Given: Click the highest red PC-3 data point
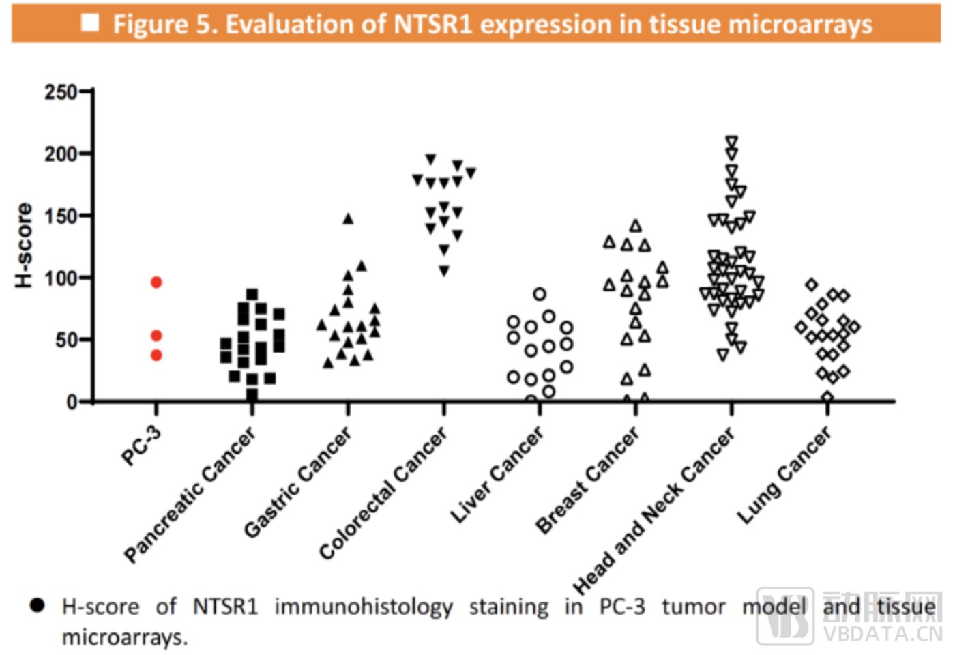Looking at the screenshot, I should (156, 282).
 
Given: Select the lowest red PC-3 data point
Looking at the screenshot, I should (156, 355).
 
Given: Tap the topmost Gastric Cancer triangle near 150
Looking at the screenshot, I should (348, 219).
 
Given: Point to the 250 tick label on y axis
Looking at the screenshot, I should (61, 91).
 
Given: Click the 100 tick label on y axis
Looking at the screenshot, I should (61, 278).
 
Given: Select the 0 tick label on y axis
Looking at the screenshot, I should (72, 402).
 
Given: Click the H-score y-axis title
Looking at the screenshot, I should (24, 245).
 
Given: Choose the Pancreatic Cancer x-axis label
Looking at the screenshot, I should (190, 495).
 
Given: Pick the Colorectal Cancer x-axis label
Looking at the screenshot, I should (383, 493).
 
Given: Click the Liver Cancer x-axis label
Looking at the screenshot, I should (497, 475).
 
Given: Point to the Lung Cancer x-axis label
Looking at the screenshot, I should (784, 476).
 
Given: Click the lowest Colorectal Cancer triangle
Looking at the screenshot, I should (444, 272).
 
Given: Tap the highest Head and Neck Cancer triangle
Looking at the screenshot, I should (732, 142).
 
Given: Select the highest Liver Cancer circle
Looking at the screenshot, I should (540, 294).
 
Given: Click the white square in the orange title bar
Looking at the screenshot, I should (90, 23).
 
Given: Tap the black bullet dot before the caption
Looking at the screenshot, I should (38, 605).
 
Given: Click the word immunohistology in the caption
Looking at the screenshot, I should (364, 607).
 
